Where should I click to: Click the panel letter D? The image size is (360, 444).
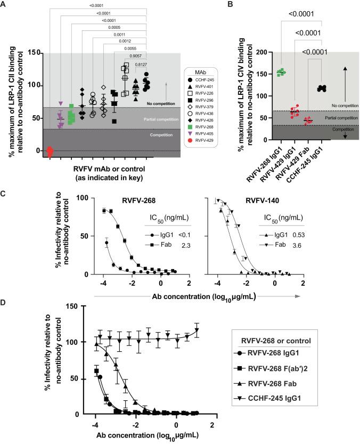click(4, 302)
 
